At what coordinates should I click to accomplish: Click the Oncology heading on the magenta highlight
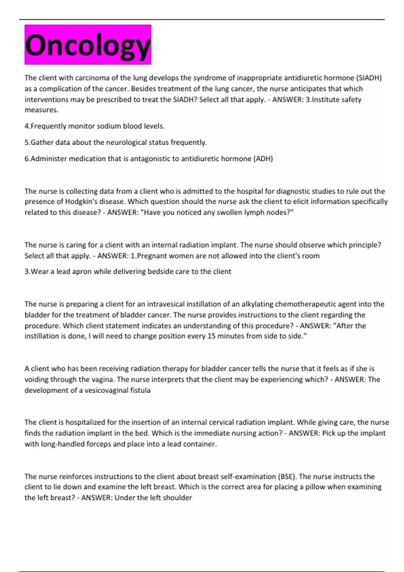[x=88, y=45]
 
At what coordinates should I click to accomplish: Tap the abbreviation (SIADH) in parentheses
[x=369, y=78]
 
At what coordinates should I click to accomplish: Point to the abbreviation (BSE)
[x=287, y=476]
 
